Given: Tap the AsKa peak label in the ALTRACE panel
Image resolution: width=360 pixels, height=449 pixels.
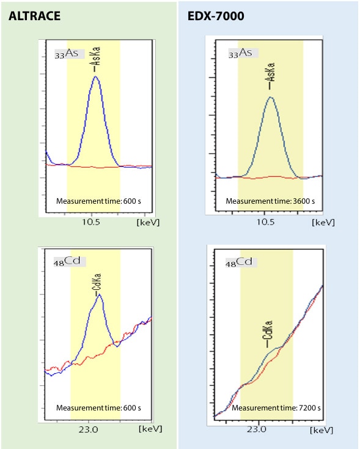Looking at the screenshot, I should click(95, 59).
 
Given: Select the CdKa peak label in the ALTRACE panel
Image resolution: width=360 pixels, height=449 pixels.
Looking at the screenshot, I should click(98, 281).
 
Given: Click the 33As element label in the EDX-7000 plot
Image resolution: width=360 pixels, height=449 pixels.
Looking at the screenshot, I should click(240, 54).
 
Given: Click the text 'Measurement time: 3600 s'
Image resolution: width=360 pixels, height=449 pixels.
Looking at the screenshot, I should click(270, 201).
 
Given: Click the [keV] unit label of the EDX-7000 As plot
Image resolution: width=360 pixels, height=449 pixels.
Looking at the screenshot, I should click(323, 223).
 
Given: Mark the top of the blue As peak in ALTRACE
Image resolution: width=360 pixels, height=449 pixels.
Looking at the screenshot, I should click(95, 76).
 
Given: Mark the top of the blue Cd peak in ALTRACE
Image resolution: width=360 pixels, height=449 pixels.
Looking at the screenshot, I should click(99, 295).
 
